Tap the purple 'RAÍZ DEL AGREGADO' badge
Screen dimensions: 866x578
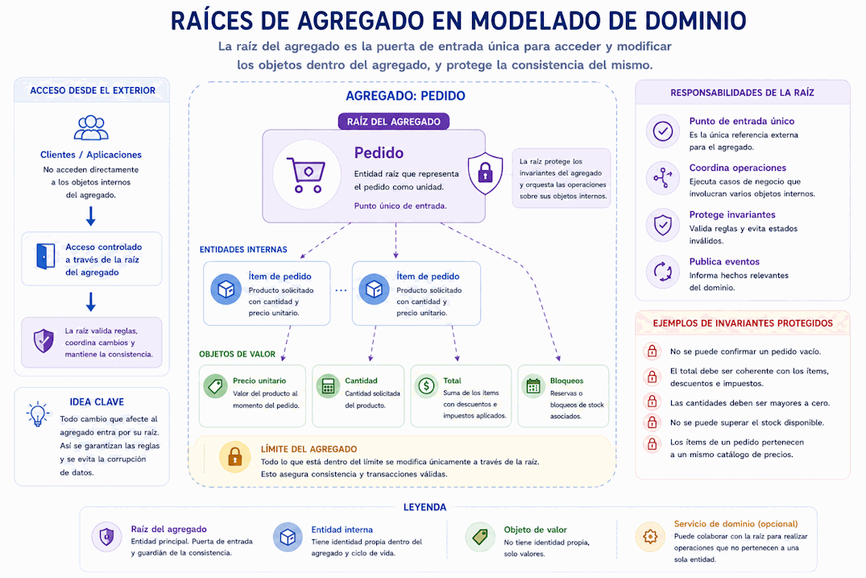(x=394, y=122)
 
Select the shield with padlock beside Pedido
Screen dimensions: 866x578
(x=485, y=173)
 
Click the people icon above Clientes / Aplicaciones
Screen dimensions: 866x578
(x=91, y=127)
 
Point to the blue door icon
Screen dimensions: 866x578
(x=45, y=256)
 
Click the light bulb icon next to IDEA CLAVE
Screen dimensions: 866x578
(x=38, y=414)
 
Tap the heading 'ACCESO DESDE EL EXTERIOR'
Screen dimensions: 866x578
(x=93, y=90)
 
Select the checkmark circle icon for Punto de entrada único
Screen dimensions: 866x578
(x=663, y=131)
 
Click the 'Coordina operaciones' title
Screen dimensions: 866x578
(x=737, y=168)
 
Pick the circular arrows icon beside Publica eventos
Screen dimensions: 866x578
(x=663, y=272)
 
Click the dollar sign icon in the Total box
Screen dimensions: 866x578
(x=426, y=385)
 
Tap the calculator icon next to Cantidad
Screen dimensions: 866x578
(x=328, y=386)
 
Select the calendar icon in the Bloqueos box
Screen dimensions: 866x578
(x=533, y=386)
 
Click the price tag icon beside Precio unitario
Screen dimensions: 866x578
(x=215, y=386)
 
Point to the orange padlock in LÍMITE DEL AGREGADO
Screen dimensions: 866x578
(x=234, y=457)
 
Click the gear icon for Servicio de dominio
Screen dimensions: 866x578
(x=650, y=536)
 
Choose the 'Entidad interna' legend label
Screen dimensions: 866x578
(x=342, y=530)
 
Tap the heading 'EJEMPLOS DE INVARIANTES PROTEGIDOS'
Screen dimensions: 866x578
(x=743, y=323)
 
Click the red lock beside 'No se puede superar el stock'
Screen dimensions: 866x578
(x=653, y=422)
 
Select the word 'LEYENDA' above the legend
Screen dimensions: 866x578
(x=425, y=507)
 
